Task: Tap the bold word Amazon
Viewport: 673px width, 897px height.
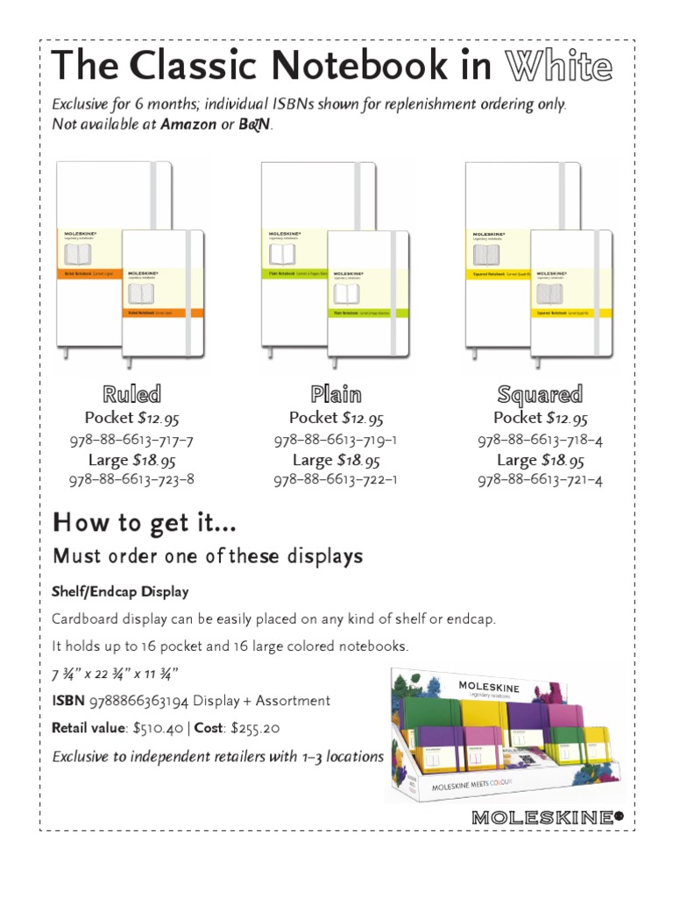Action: [188, 124]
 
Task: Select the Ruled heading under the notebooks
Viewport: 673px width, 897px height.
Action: [131, 394]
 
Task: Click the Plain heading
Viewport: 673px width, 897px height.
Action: [336, 394]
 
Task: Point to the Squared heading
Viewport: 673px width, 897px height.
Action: [540, 394]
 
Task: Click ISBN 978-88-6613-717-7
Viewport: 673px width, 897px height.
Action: [131, 440]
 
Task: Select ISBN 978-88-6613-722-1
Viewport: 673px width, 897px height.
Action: [336, 480]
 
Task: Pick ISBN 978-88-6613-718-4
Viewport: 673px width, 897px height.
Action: [540, 440]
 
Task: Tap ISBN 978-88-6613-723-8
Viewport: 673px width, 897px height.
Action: [131, 480]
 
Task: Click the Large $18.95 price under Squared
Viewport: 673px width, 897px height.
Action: [540, 460]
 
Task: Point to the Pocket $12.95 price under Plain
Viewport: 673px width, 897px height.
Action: [336, 419]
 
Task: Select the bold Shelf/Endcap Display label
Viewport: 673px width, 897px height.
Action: [120, 591]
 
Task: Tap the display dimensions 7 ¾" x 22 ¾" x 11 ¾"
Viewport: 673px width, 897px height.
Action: [114, 674]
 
